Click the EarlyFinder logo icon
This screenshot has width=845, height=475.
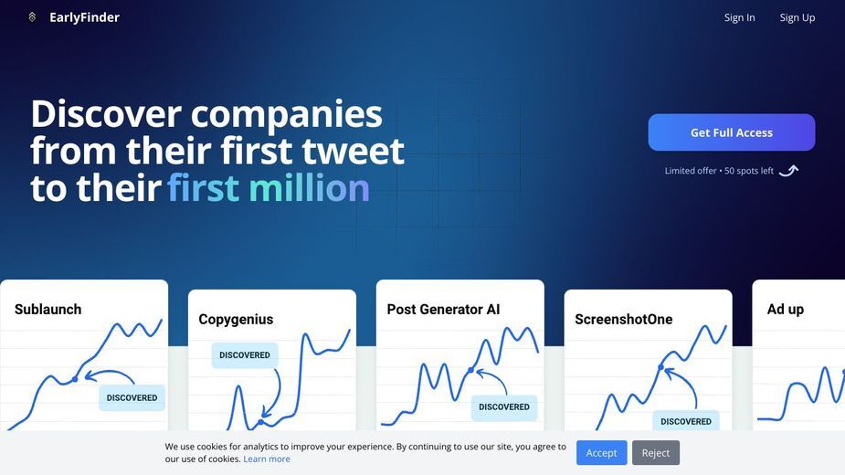click(x=32, y=17)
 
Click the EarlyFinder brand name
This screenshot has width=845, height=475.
click(x=85, y=17)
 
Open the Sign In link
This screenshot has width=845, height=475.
click(x=739, y=17)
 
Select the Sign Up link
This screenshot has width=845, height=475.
click(x=797, y=17)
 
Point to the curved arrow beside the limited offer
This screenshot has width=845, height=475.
click(x=789, y=171)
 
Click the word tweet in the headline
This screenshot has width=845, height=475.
click(x=353, y=151)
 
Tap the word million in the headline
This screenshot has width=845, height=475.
click(x=309, y=187)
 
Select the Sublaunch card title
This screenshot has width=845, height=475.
click(x=48, y=310)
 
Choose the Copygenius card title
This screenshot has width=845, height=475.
click(x=236, y=319)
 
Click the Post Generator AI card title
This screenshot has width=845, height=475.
click(x=444, y=310)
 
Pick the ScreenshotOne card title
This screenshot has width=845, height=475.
click(x=624, y=319)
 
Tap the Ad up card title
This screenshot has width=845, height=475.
click(x=786, y=310)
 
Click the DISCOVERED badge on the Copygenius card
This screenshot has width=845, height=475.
click(x=245, y=355)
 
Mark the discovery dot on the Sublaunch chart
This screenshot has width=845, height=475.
click(x=75, y=380)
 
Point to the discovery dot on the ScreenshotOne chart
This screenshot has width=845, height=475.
click(x=660, y=367)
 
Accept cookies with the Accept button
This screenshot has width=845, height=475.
click(x=601, y=453)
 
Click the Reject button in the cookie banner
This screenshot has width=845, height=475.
click(x=656, y=453)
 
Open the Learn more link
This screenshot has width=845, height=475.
click(x=267, y=459)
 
